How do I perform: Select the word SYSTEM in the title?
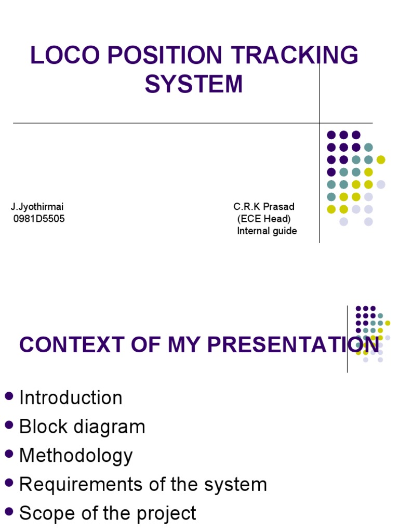[194, 84]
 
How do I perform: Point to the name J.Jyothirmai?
[37, 207]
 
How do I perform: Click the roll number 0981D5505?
[39, 219]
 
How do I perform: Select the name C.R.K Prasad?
[264, 207]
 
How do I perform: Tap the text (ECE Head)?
[264, 219]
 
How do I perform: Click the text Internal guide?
[267, 231]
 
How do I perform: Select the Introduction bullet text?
[71, 398]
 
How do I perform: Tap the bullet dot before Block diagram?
[9, 425]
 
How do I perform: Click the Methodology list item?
[76, 456]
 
